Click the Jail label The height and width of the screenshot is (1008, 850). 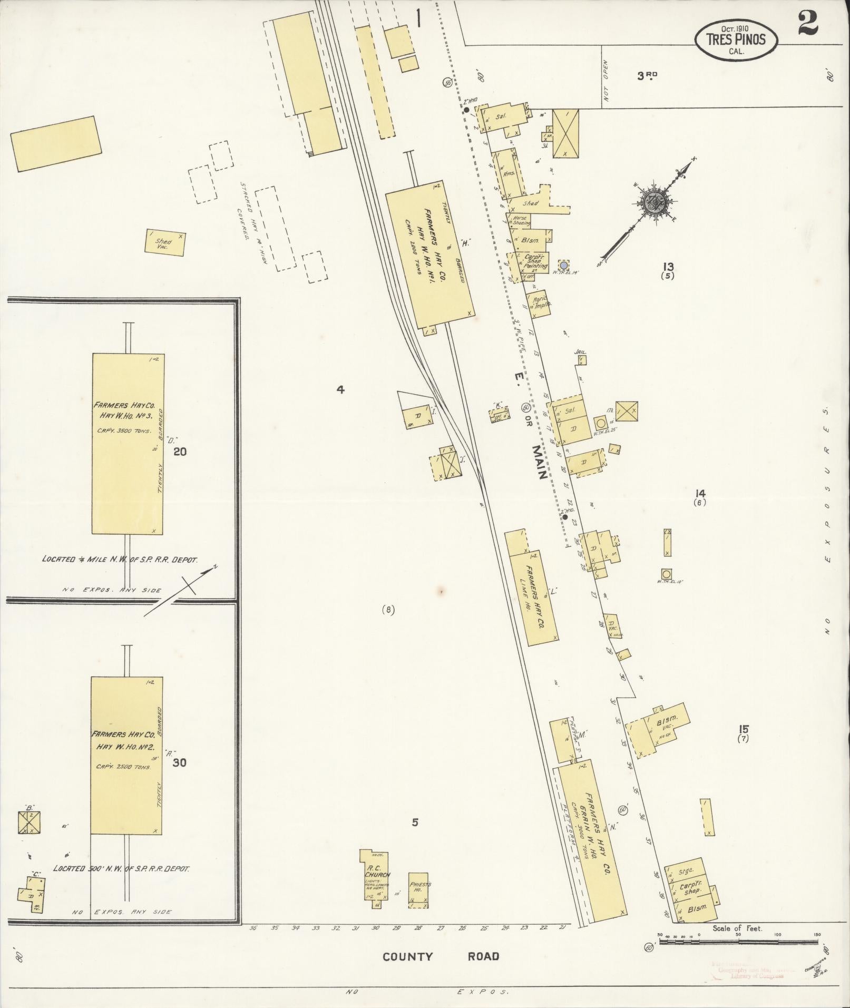(581, 353)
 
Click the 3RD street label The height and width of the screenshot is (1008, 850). (647, 76)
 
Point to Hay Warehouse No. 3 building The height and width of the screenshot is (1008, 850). (128, 444)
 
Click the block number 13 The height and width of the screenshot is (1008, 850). (669, 267)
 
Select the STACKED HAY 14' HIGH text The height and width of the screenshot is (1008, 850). (248, 211)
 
